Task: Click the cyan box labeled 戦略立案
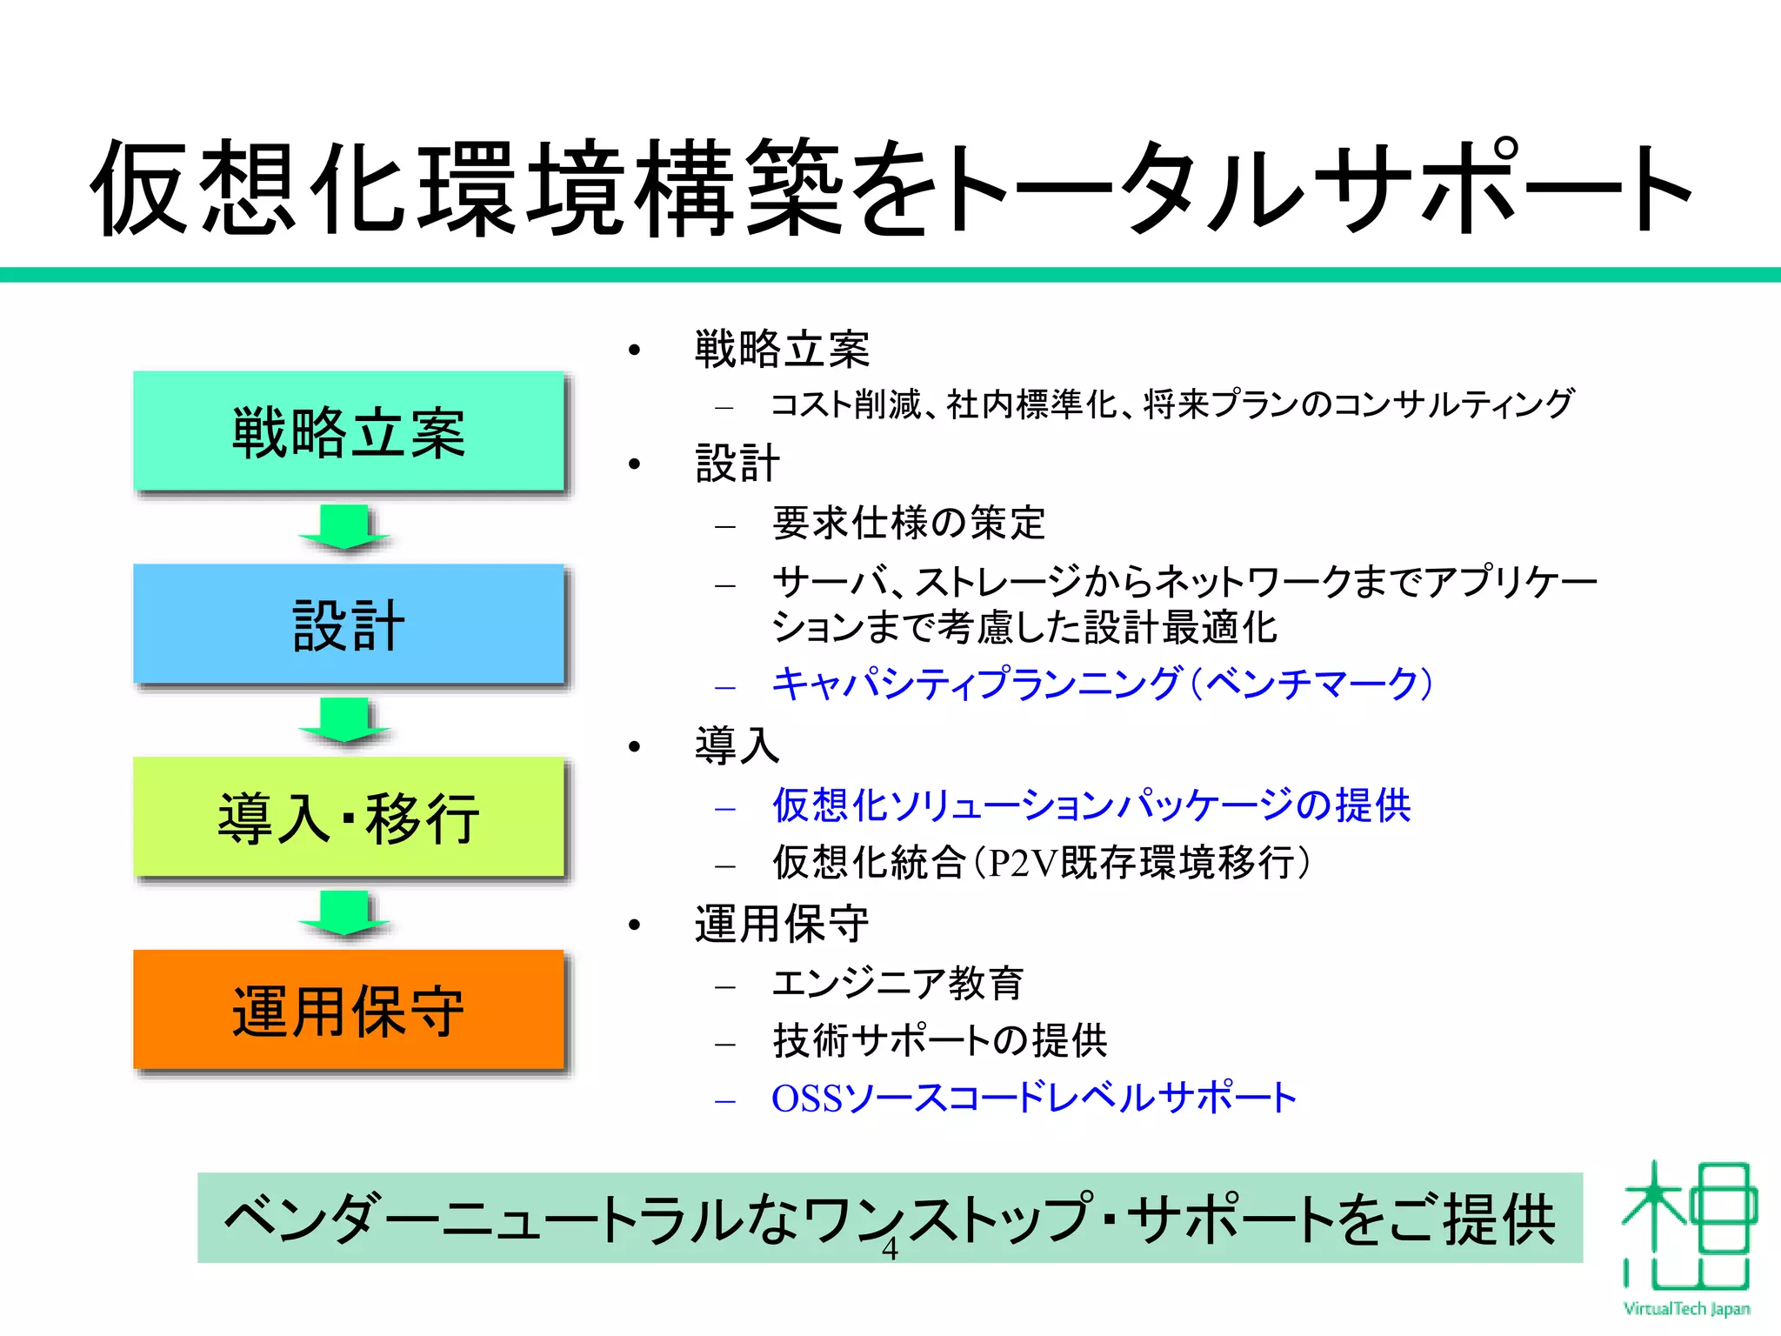[x=349, y=431]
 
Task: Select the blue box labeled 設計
[x=349, y=625]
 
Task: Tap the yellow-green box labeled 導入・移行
[x=349, y=818]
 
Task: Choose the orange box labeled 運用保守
[x=349, y=1011]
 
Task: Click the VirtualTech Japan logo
[x=1686, y=1235]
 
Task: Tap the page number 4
[x=890, y=1249]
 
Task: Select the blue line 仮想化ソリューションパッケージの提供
[x=1091, y=805]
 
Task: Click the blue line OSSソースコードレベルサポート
[x=1034, y=1098]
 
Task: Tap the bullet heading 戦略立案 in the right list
[x=782, y=350]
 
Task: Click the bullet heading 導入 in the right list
[x=737, y=745]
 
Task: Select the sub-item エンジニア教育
[x=897, y=984]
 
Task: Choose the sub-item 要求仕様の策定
[x=909, y=524]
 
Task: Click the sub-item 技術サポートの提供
[x=940, y=1041]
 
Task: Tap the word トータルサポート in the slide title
[x=1317, y=189]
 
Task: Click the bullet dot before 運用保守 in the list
[x=635, y=925]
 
